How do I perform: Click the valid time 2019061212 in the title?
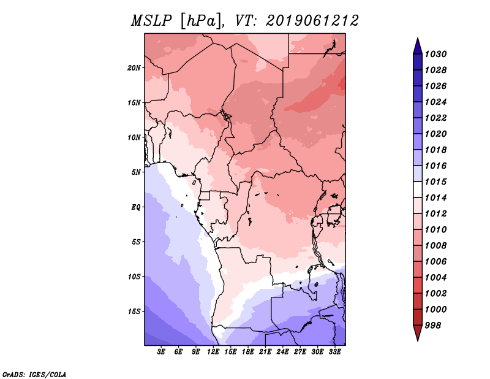click(x=312, y=20)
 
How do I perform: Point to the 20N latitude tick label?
click(x=134, y=67)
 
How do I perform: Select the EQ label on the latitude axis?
click(x=137, y=207)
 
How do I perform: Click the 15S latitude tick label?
click(x=134, y=311)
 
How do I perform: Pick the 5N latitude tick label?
click(x=136, y=172)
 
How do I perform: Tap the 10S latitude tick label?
click(x=134, y=277)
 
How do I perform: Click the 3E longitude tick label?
click(x=162, y=351)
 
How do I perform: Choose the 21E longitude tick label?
click(x=265, y=351)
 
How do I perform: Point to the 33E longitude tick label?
click(x=334, y=351)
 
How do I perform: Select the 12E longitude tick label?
click(x=213, y=351)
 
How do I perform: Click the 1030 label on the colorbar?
click(x=437, y=54)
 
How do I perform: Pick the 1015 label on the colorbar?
click(x=437, y=182)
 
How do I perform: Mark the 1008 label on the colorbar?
click(x=437, y=245)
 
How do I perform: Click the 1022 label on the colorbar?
click(x=437, y=118)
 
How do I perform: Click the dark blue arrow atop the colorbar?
click(x=417, y=45)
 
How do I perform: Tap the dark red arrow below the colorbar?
click(x=417, y=333)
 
